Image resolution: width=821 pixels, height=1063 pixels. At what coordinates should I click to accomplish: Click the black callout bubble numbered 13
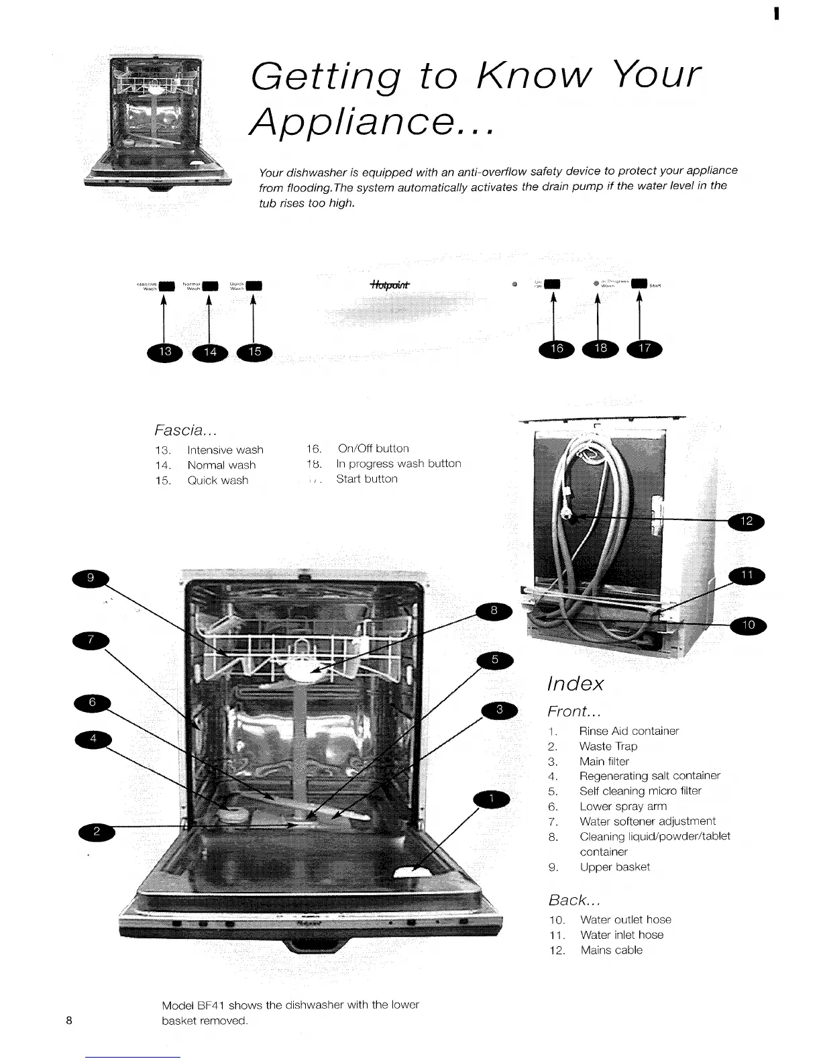click(x=165, y=352)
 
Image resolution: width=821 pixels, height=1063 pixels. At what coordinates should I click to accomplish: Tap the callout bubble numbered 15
click(x=254, y=352)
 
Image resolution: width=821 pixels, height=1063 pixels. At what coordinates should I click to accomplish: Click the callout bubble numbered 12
click(x=747, y=521)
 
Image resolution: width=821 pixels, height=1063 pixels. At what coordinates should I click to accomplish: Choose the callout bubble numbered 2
click(x=97, y=832)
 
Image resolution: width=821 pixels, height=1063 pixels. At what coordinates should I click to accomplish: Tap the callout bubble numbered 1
click(x=492, y=799)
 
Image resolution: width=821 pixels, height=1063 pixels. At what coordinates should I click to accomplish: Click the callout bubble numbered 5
click(x=494, y=660)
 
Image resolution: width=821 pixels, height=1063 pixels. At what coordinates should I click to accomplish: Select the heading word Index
click(x=575, y=684)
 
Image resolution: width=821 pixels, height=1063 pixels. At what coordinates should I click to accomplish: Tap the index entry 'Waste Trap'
click(x=608, y=746)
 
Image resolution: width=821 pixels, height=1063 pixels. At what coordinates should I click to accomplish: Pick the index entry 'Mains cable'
click(x=611, y=950)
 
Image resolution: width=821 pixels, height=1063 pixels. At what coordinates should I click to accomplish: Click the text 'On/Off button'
click(x=373, y=448)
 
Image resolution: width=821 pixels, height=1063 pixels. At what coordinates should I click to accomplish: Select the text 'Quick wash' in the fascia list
click(x=217, y=480)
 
